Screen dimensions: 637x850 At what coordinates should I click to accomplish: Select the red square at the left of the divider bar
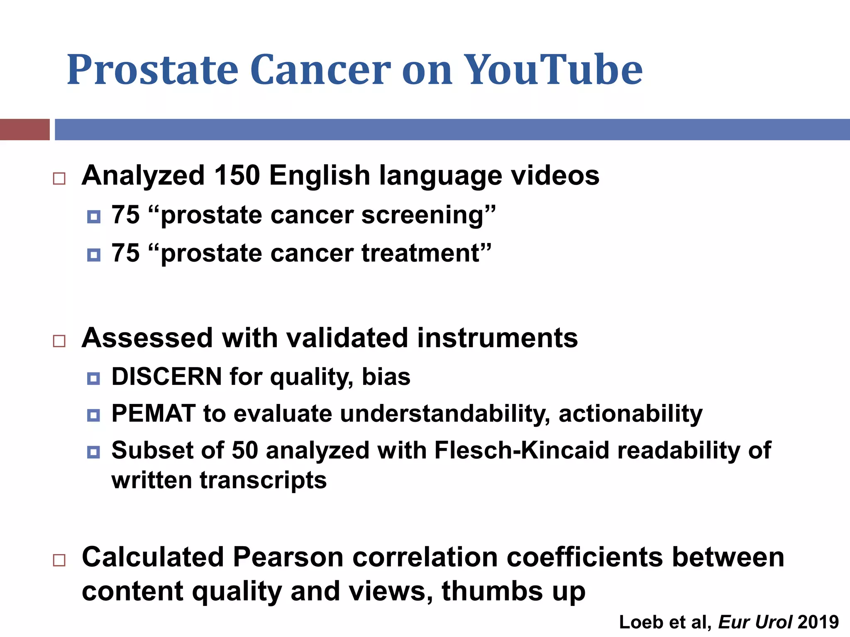pos(24,129)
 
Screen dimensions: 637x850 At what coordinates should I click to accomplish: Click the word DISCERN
pos(167,377)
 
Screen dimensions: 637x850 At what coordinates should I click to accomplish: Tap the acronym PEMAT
pos(154,413)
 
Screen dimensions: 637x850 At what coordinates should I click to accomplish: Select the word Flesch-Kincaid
pos(522,450)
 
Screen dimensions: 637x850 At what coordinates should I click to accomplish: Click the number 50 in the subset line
pos(244,450)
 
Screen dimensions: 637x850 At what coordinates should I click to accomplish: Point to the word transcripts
pos(263,480)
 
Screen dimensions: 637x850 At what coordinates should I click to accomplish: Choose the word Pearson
pos(288,557)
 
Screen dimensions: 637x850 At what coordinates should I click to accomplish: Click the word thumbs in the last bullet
pos(492,591)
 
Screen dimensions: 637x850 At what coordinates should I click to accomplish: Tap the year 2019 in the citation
pos(818,622)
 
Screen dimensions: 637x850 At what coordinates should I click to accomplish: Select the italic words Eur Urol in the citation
pos(755,622)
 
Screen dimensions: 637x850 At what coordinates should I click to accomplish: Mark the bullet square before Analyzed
pos(59,179)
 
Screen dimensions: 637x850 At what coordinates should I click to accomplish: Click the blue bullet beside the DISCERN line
pos(94,378)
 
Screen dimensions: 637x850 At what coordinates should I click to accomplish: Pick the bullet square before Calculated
pos(59,560)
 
